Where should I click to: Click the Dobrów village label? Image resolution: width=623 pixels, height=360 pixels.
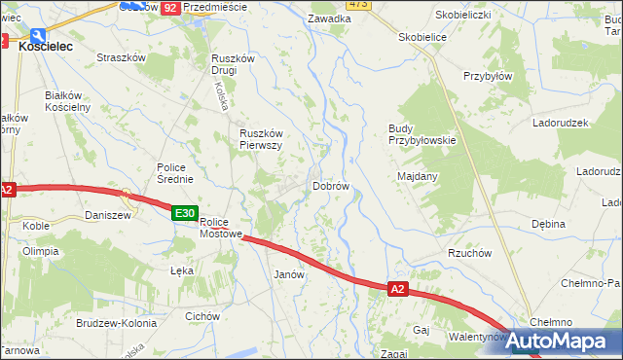330,186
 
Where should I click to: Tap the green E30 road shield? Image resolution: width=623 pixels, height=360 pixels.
185,213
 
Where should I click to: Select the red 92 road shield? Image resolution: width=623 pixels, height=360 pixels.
169,7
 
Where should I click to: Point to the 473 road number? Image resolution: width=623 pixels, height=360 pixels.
357,4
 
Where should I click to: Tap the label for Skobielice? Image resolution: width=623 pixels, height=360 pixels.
421,37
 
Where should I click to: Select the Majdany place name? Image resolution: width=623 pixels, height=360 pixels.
418,176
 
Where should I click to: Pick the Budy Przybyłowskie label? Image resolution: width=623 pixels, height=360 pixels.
421,134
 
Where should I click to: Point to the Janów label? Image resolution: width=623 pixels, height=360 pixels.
290,275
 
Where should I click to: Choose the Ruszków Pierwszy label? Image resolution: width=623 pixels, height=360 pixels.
261,139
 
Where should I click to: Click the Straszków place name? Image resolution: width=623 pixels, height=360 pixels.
121,57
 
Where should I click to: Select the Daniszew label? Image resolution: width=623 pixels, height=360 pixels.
107,215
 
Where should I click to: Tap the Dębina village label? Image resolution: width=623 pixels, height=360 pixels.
548,224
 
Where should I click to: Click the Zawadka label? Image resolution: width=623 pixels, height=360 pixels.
328,18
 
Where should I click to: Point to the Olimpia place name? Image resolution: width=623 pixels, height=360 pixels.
40,251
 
